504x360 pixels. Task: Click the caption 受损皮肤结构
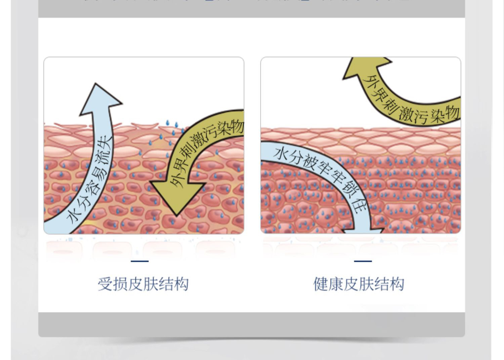[143, 284]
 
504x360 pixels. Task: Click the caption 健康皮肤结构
[359, 284]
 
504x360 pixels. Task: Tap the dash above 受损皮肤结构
[139, 261]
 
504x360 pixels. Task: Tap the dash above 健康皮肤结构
[363, 261]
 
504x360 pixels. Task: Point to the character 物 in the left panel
[237, 128]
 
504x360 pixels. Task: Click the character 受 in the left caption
[105, 284]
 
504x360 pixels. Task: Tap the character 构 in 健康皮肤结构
[397, 284]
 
